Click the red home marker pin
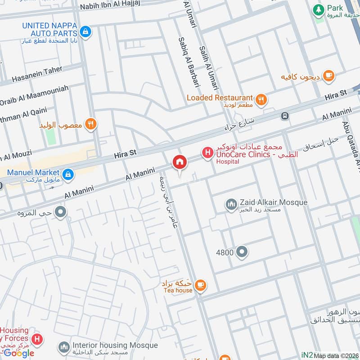179,162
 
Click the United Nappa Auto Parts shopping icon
85,31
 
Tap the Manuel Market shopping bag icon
68,174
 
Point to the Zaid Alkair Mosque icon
231,205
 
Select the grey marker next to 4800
242,252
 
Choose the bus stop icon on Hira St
284,116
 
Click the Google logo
19,353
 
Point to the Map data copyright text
336,355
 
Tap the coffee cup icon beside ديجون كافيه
328,76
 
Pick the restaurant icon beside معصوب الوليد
91,124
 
